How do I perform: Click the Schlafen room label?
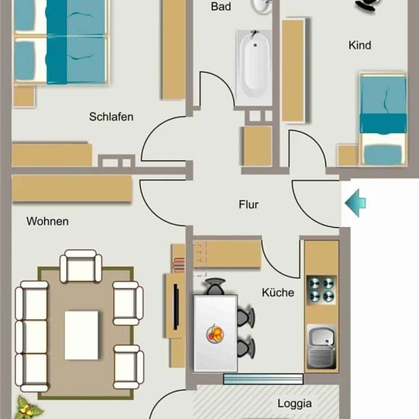point(111,117)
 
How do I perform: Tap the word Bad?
point(221,6)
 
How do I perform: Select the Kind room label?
point(360,45)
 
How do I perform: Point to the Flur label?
point(248,204)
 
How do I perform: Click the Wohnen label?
point(47,221)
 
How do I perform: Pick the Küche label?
point(278,293)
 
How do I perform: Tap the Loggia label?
point(295,404)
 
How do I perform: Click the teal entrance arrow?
point(356,203)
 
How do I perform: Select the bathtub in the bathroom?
point(254,67)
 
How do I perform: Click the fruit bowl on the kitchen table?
point(215,334)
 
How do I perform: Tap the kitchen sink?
point(321,347)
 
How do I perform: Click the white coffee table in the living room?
point(82,335)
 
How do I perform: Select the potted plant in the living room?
point(27,408)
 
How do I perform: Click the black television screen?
point(176,307)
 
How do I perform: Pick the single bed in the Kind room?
point(383,119)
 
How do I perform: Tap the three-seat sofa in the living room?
point(31,337)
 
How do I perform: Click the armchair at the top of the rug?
point(81,266)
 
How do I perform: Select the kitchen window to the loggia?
point(264,379)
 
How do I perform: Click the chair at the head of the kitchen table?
point(216,286)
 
